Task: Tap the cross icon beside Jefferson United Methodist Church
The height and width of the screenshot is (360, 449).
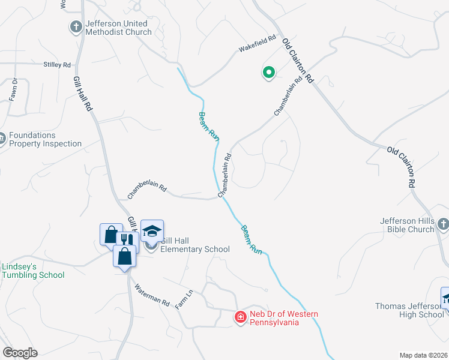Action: tap(76, 27)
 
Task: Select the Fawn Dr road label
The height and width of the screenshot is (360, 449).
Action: tap(13, 89)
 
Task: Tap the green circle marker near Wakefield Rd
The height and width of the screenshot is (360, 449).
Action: tap(268, 73)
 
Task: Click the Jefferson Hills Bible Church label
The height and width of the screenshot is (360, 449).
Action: tap(407, 225)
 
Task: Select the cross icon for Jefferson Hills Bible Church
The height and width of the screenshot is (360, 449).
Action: tap(443, 224)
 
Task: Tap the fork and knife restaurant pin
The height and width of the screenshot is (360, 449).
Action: tap(126, 239)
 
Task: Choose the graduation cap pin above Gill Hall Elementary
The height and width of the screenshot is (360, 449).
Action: tap(152, 230)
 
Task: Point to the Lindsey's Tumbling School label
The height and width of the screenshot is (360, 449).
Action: tap(33, 271)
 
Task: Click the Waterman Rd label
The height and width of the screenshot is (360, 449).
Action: tap(152, 295)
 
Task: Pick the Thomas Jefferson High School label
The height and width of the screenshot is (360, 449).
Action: tap(410, 310)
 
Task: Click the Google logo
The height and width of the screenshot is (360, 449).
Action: tap(20, 353)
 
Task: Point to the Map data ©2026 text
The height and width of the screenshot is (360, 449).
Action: tap(424, 355)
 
